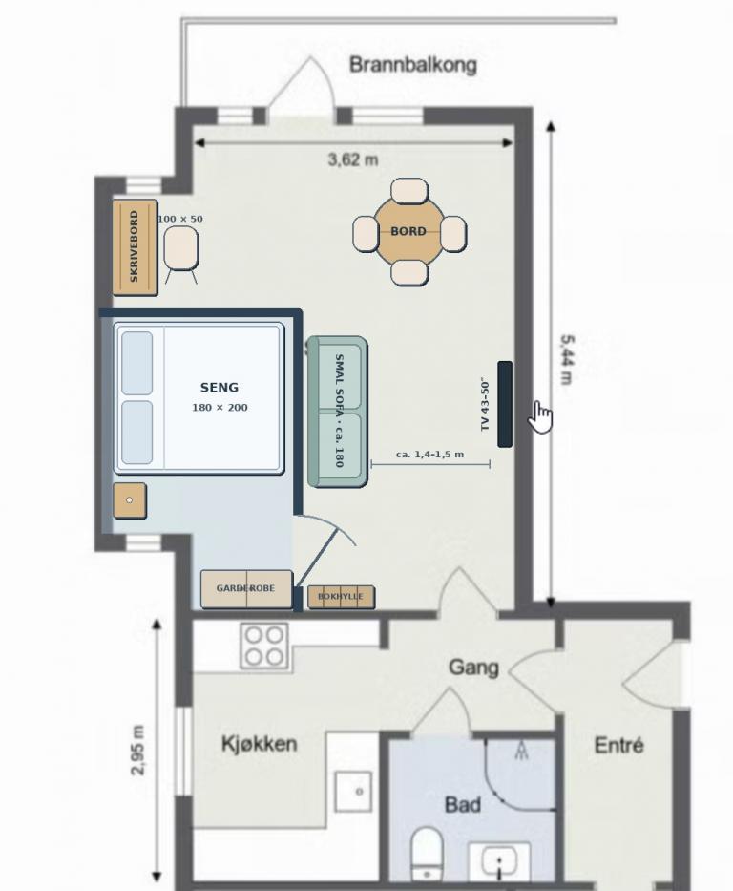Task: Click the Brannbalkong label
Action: (412, 64)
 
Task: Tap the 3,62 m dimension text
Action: (352, 159)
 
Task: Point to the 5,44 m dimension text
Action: (567, 360)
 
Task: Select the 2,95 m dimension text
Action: (138, 750)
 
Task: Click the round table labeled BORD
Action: (408, 231)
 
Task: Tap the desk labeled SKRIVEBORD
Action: (135, 247)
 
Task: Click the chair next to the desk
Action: (181, 249)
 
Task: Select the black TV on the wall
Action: (505, 403)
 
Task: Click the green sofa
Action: (337, 412)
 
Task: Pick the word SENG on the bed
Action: (220, 388)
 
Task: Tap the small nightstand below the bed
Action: (130, 500)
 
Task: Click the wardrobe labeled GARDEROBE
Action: (246, 588)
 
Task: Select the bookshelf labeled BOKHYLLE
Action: (341, 597)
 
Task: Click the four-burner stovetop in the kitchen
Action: (264, 647)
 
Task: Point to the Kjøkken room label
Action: (259, 743)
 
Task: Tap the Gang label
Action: (473, 668)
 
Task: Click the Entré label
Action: (618, 744)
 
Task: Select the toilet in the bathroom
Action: (427, 856)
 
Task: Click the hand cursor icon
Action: (540, 416)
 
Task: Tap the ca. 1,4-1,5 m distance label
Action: (429, 454)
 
